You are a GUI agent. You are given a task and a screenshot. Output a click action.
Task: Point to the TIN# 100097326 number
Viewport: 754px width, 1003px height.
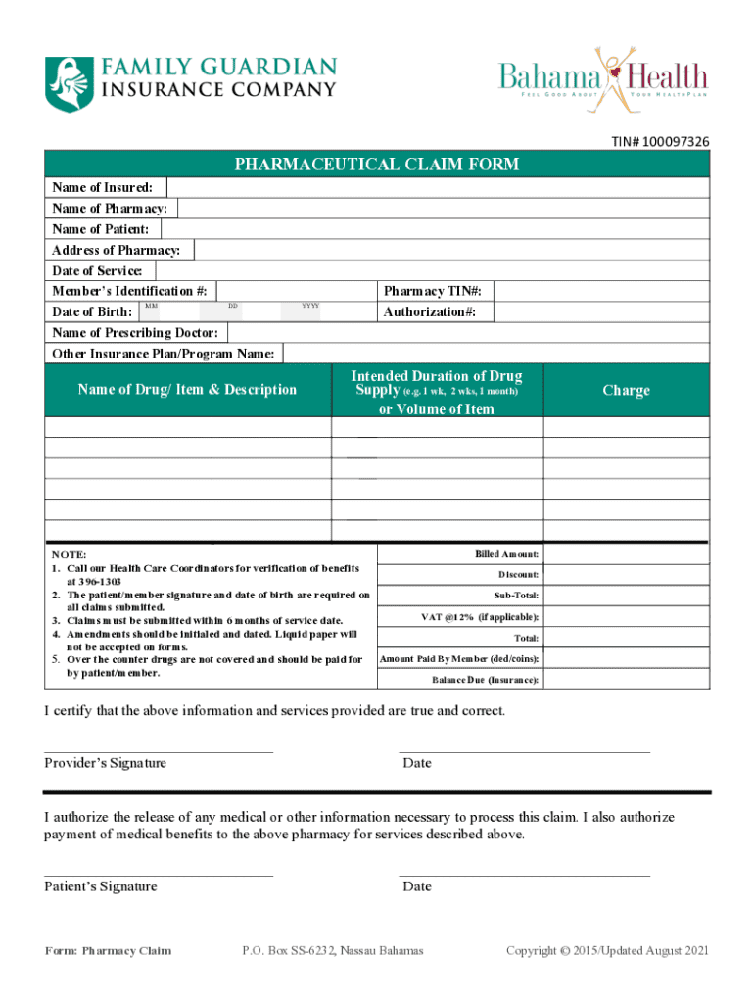661,143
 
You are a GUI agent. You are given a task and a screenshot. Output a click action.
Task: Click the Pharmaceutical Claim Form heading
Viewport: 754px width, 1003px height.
377,164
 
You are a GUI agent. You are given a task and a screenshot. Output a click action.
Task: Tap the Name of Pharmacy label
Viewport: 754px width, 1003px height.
109,209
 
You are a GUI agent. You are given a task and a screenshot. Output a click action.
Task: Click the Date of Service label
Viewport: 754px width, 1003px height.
97,270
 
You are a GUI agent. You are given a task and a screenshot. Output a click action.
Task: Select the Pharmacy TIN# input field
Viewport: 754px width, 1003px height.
602,291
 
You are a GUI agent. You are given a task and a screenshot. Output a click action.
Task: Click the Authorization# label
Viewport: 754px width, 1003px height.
430,311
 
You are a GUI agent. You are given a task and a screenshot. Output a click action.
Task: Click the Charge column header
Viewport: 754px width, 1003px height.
626,390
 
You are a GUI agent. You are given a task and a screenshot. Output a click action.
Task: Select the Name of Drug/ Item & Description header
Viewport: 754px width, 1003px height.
187,390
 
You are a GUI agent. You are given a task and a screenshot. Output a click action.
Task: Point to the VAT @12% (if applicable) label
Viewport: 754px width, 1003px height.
480,617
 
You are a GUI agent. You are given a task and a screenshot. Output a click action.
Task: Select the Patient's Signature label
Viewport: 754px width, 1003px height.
100,886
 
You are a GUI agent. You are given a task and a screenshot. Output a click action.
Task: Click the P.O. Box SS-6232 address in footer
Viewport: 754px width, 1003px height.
333,950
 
